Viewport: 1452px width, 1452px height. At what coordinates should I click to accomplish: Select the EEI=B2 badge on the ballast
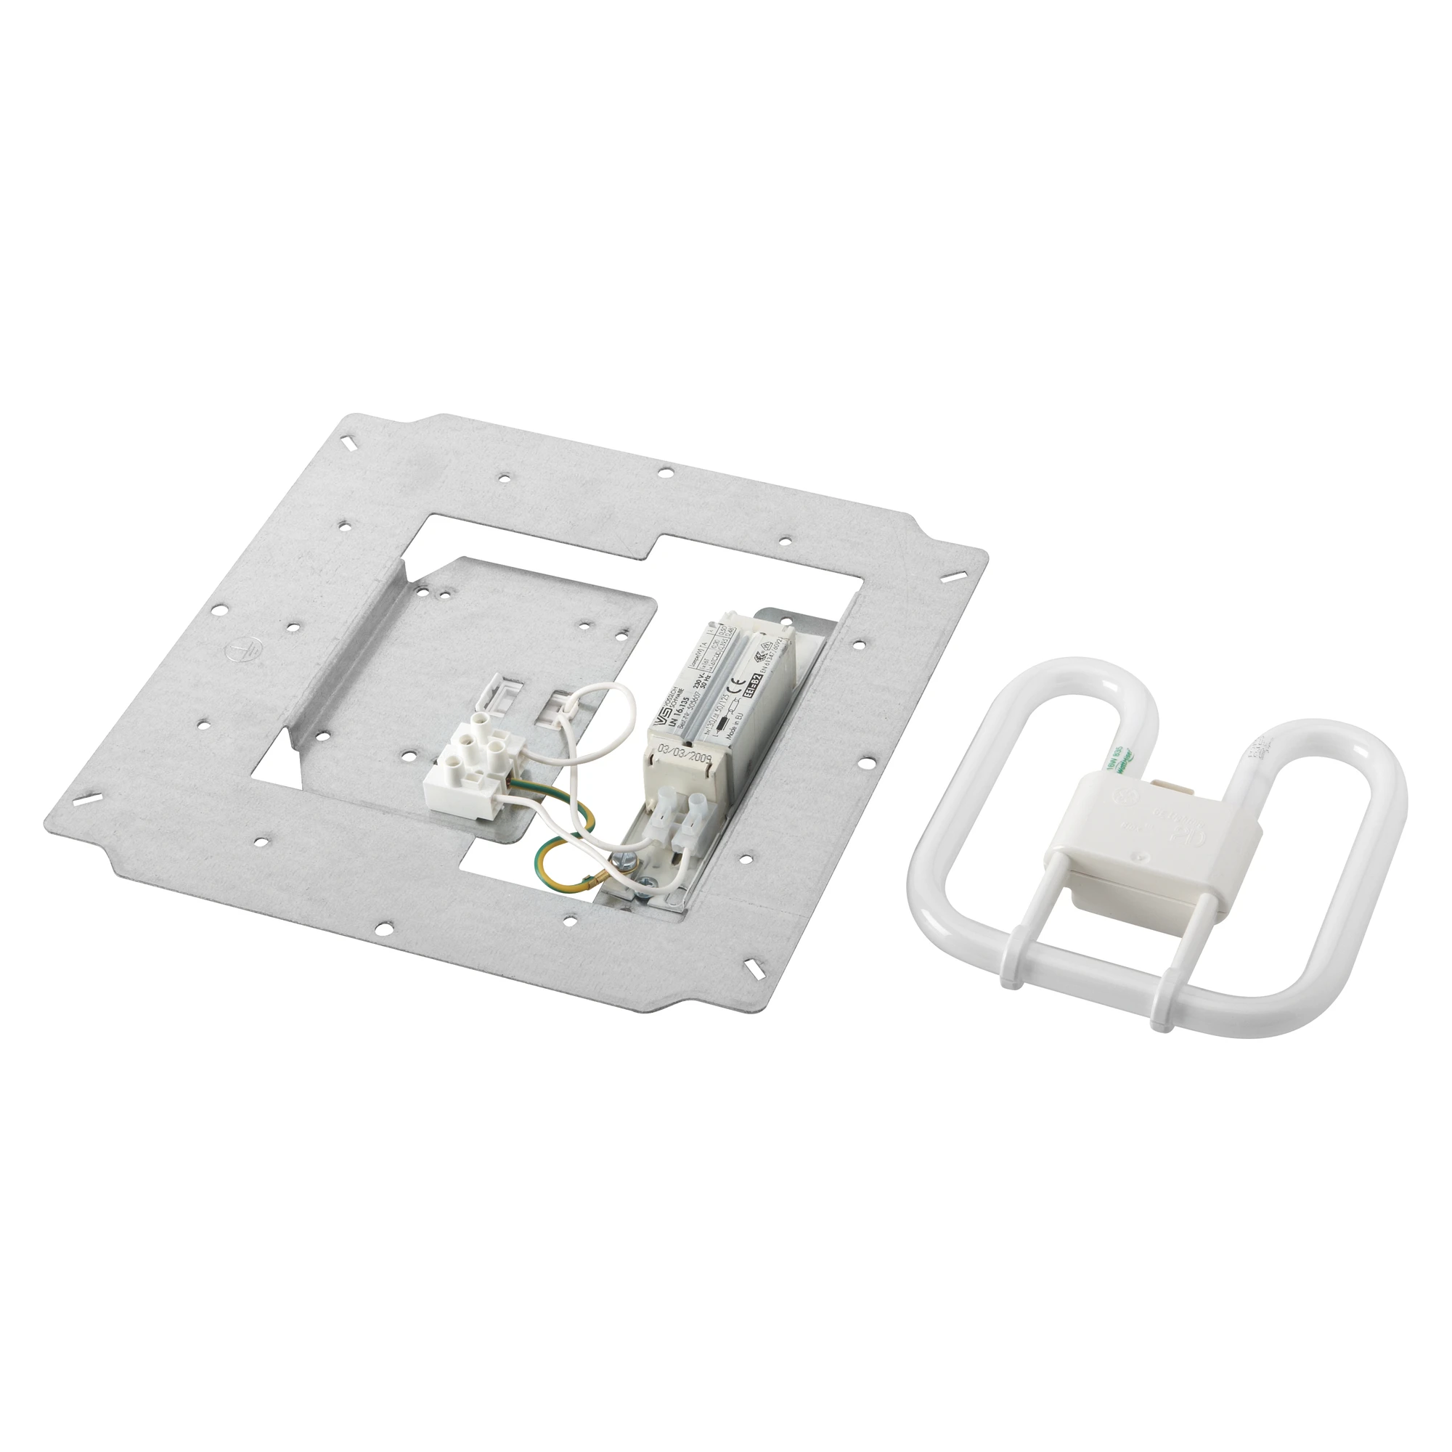pyautogui.click(x=751, y=685)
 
